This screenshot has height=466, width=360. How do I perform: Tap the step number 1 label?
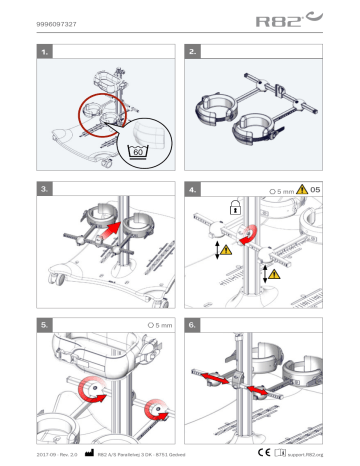45,50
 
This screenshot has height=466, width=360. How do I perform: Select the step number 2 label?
193,50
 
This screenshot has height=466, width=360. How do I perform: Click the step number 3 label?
45,188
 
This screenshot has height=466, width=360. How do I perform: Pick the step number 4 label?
193,188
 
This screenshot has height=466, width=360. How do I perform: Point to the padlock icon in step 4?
233,206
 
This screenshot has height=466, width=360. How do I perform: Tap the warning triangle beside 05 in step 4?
303,189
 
